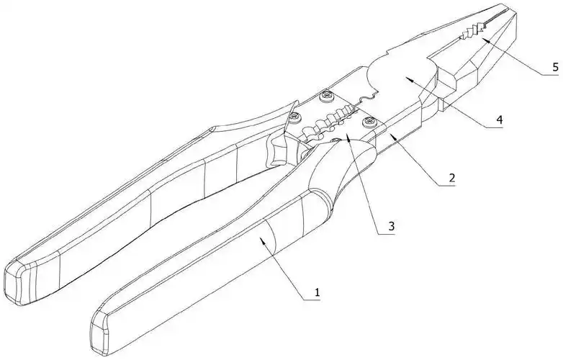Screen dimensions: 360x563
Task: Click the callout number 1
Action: [x=315, y=292]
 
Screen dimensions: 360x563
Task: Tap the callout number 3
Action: [x=389, y=226]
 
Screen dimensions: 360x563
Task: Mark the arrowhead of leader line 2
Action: [x=389, y=132]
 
